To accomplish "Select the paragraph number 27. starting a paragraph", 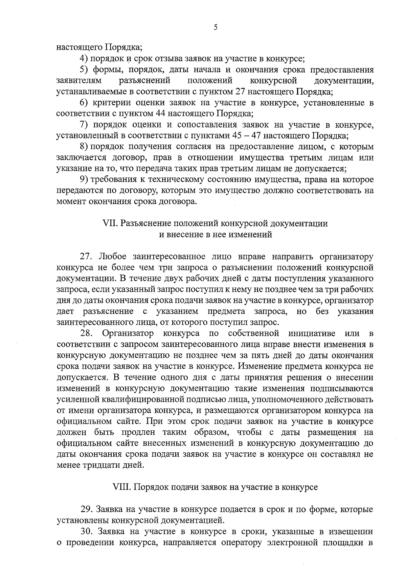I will (86, 256).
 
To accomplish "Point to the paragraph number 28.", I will (86, 333).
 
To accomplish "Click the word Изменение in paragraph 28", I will (258, 367).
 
